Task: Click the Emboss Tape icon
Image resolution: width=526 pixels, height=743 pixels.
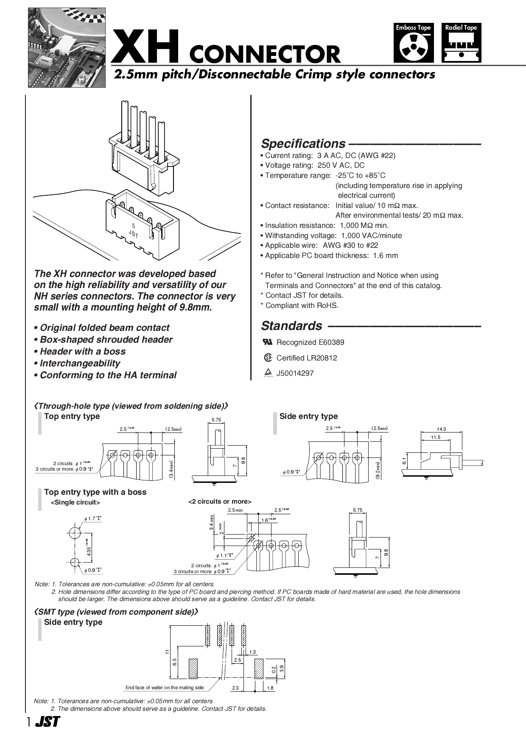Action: point(413,43)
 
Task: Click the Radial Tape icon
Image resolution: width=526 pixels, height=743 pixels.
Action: point(461,43)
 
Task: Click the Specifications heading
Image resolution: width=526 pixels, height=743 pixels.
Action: point(303,144)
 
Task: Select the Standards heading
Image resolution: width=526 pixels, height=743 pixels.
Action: point(291,326)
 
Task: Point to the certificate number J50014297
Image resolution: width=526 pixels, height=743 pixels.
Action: point(295,373)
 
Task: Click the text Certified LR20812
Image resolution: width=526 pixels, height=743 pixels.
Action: point(307,358)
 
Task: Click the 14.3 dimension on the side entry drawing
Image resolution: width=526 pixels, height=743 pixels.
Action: point(441,429)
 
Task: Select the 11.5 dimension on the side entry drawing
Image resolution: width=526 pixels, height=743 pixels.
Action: point(435,437)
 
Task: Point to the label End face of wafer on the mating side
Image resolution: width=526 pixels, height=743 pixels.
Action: point(165,688)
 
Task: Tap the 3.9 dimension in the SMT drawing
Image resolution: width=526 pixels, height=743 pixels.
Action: point(282,669)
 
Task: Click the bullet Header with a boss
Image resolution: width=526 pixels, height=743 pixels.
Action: point(83,351)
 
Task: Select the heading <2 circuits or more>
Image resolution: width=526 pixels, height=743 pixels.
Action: point(220,502)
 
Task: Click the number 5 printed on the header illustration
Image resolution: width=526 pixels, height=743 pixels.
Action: point(134,226)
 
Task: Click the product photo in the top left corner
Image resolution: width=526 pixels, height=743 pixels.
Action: point(67,47)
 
